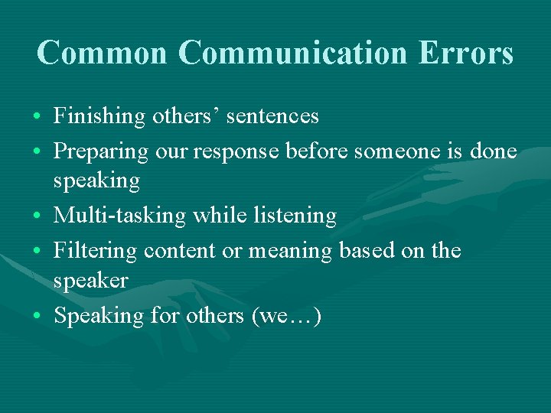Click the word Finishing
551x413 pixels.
(x=99, y=116)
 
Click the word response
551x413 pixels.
(x=236, y=152)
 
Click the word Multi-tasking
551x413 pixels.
(x=119, y=216)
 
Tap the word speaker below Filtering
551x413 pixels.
(x=90, y=281)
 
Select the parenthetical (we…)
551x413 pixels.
(x=286, y=316)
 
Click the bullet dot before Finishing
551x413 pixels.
(x=37, y=117)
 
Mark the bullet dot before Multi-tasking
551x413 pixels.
(x=37, y=216)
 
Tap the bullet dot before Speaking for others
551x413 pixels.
(x=37, y=316)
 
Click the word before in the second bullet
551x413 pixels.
(x=317, y=151)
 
